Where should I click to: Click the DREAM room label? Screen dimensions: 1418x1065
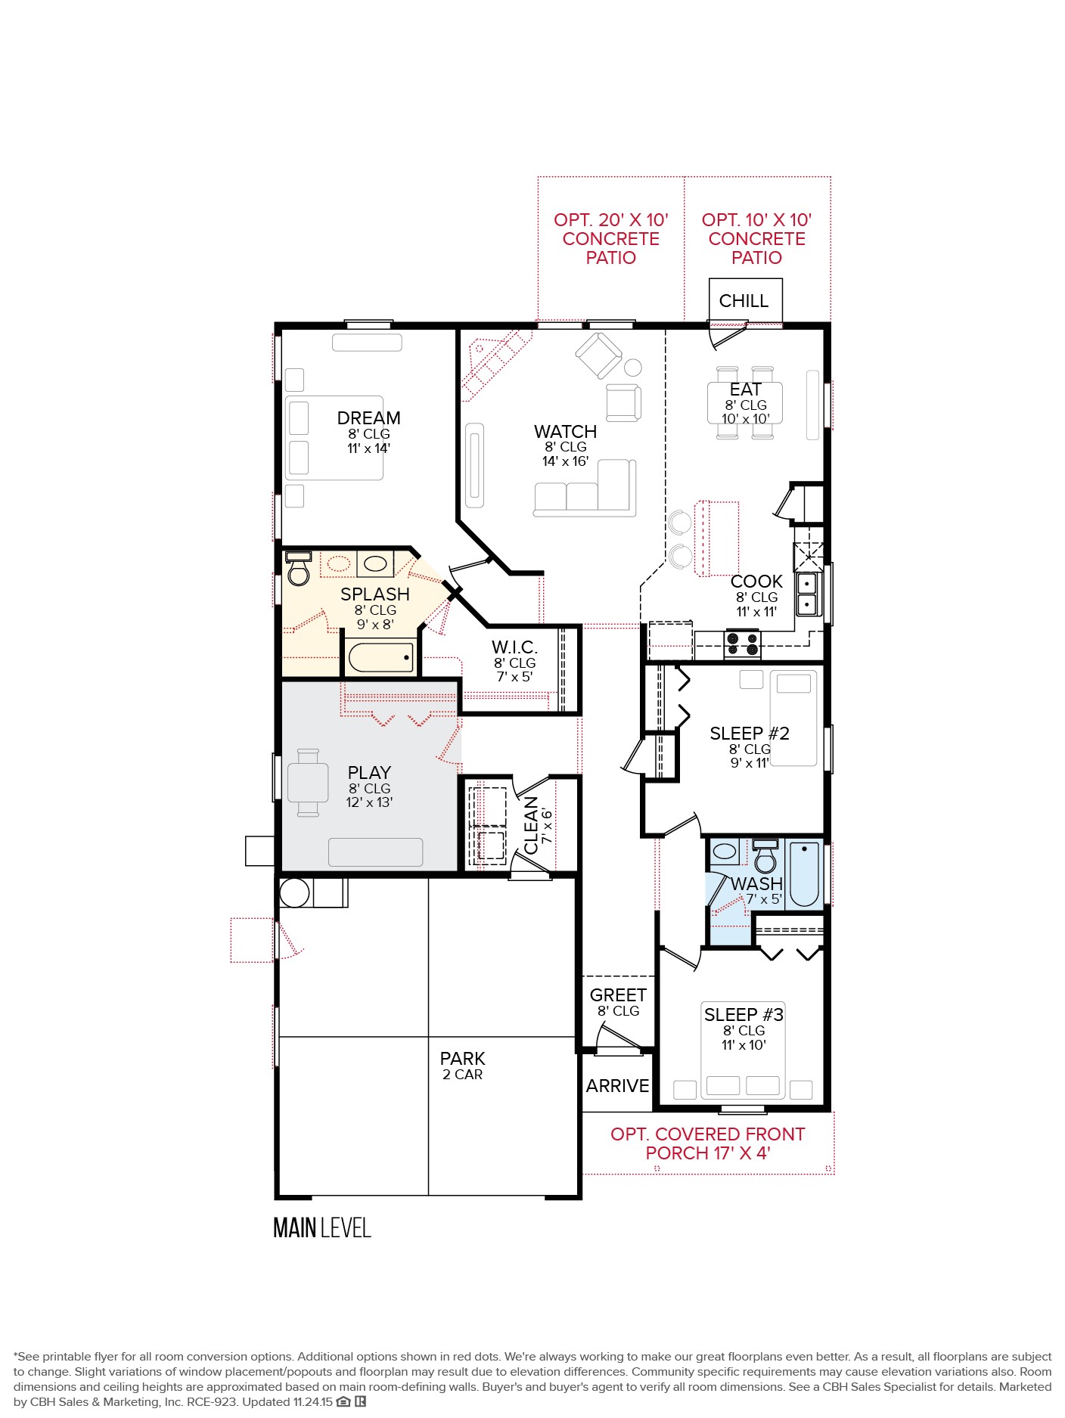(368, 418)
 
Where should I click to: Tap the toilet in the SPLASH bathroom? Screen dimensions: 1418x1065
(299, 571)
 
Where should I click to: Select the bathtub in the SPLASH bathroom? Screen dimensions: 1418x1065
(381, 657)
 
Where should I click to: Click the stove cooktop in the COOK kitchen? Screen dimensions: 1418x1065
(741, 644)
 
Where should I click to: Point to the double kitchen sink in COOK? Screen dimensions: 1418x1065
(807, 594)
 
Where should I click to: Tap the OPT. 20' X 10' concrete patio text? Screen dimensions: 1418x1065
(610, 238)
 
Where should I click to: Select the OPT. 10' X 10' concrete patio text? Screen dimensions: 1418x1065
(756, 238)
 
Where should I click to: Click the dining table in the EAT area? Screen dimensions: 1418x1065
(744, 403)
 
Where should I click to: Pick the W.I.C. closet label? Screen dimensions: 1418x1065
(514, 647)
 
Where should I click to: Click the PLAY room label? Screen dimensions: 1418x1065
(369, 773)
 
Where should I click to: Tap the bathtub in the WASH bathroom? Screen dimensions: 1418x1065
(805, 874)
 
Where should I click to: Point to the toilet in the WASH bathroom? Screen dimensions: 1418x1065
(765, 858)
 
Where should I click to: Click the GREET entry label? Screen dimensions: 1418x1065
(618, 995)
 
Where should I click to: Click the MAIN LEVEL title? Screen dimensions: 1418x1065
(322, 1228)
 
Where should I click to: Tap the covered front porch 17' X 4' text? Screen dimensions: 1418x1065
(707, 1143)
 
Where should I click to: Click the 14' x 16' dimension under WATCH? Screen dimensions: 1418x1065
(565, 461)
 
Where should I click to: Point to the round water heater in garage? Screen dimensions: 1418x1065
(294, 892)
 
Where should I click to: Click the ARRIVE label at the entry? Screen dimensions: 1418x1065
(617, 1086)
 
